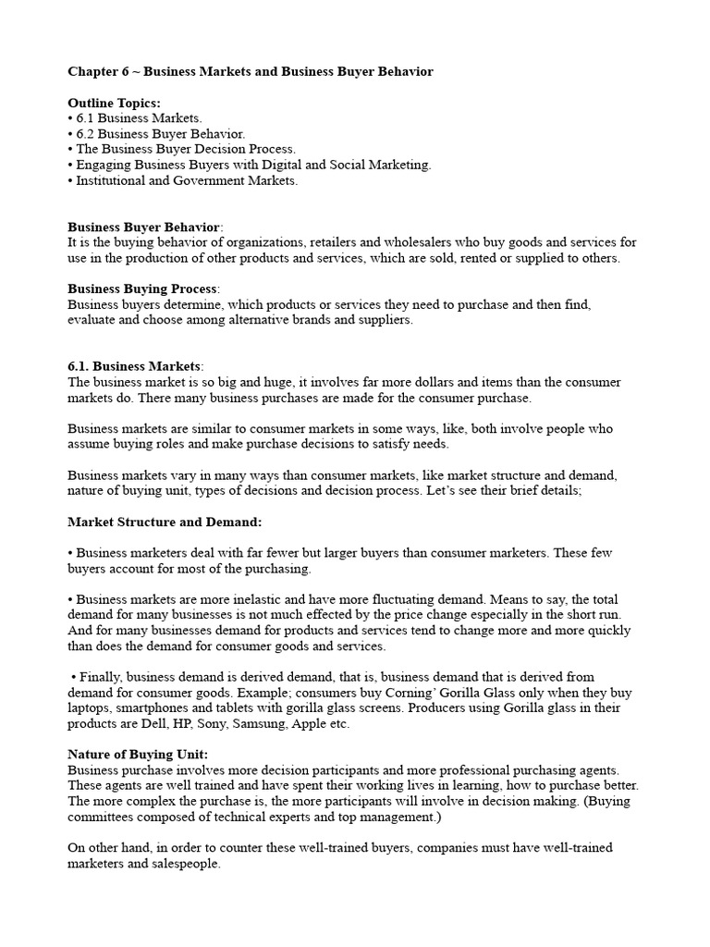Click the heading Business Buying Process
pyautogui.click(x=142, y=289)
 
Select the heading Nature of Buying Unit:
pyautogui.click(x=137, y=755)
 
